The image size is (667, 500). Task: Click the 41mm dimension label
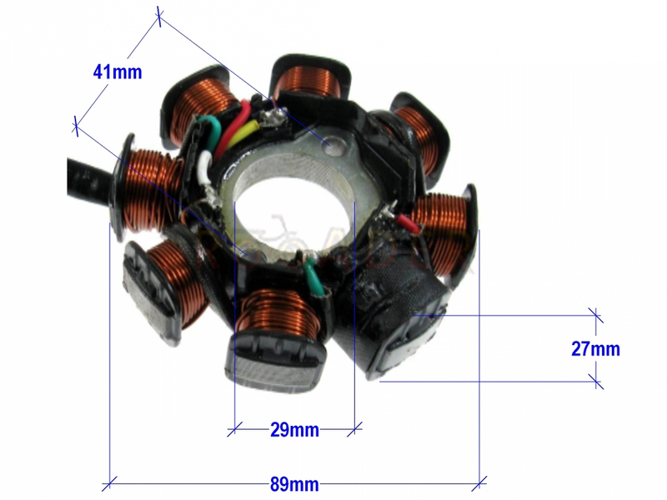[118, 72]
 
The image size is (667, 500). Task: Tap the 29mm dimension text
[294, 430]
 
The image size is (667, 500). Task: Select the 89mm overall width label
[294, 484]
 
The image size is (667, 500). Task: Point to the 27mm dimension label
[595, 348]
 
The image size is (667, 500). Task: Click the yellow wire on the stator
[241, 133]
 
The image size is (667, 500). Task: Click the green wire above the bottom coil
[315, 277]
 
